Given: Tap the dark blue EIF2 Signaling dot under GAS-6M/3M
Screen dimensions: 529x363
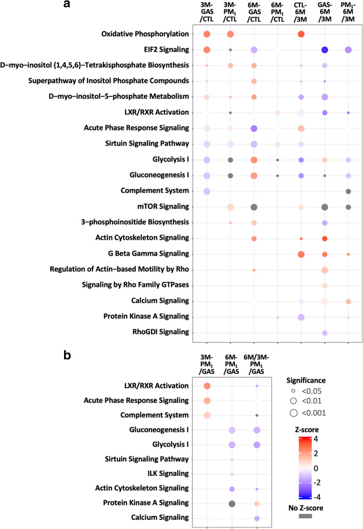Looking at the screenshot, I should click(325, 50).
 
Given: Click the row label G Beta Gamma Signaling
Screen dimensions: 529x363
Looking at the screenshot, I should click(146, 254).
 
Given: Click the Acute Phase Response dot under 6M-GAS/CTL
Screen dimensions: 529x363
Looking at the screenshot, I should click(254, 128).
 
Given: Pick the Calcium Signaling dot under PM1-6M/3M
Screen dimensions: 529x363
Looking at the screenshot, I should click(348, 301).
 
